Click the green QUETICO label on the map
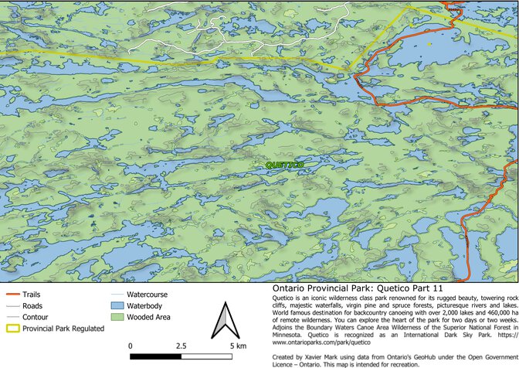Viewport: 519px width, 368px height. (283, 165)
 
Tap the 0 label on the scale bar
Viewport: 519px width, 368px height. (131, 346)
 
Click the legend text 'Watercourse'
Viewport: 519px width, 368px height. (147, 295)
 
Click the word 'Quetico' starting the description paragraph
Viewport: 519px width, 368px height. (287, 296)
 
